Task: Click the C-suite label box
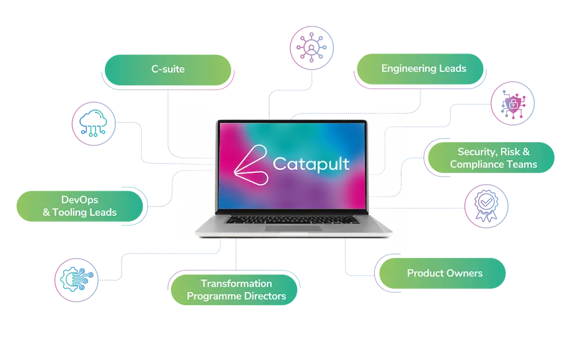(167, 71)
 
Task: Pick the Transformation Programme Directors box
(236, 290)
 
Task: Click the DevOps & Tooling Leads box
(79, 206)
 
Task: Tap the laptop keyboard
(293, 219)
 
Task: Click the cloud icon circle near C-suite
(93, 125)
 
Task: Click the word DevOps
(79, 200)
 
